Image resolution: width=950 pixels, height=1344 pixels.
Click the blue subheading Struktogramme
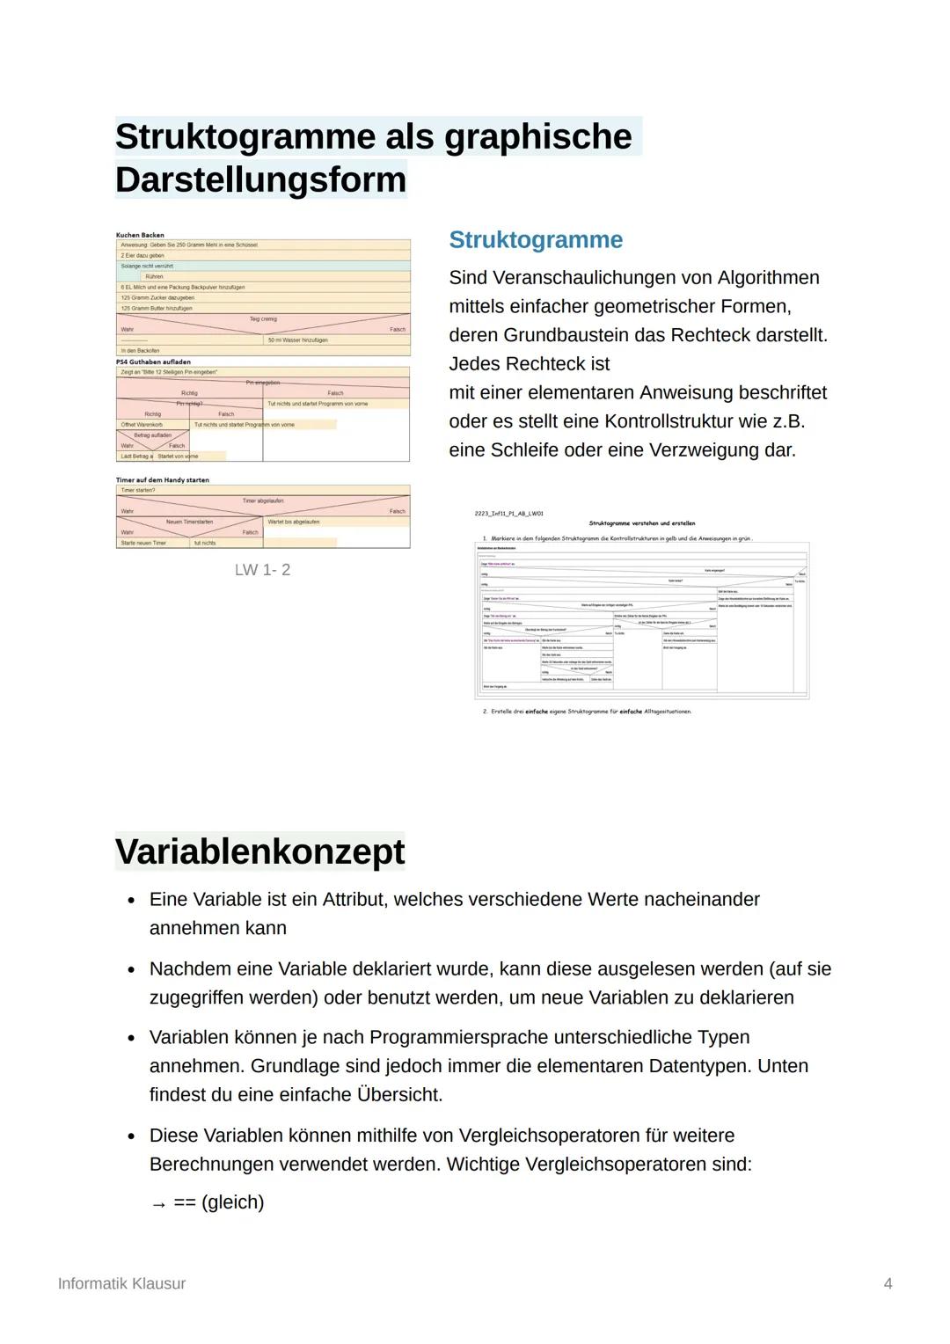tap(535, 240)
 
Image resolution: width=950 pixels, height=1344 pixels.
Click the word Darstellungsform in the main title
tap(260, 179)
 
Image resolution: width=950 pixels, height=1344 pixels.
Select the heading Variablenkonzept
tap(259, 851)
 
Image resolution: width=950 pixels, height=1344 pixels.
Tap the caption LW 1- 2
tap(262, 570)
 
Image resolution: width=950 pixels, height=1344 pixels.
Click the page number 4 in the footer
tap(888, 1283)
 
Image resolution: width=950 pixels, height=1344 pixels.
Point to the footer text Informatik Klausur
tap(121, 1283)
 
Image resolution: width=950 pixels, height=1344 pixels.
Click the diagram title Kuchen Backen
tap(140, 235)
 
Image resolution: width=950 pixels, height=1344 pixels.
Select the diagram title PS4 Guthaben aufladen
tap(153, 362)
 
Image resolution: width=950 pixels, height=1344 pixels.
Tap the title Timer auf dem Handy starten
tap(162, 480)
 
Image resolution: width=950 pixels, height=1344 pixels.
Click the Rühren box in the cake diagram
tap(155, 276)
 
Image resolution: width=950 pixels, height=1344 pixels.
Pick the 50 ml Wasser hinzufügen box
tap(298, 340)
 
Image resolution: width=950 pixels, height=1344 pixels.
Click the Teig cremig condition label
tap(263, 319)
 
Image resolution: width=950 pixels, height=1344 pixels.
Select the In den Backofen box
tap(140, 350)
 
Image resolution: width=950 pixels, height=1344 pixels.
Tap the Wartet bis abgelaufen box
tap(293, 522)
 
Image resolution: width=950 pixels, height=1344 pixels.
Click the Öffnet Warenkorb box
tap(142, 425)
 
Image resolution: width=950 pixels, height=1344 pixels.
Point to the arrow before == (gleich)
tap(158, 1203)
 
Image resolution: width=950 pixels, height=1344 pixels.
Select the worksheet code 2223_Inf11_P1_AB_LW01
tap(508, 513)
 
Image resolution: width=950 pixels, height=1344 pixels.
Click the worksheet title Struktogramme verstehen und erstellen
tap(641, 523)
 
